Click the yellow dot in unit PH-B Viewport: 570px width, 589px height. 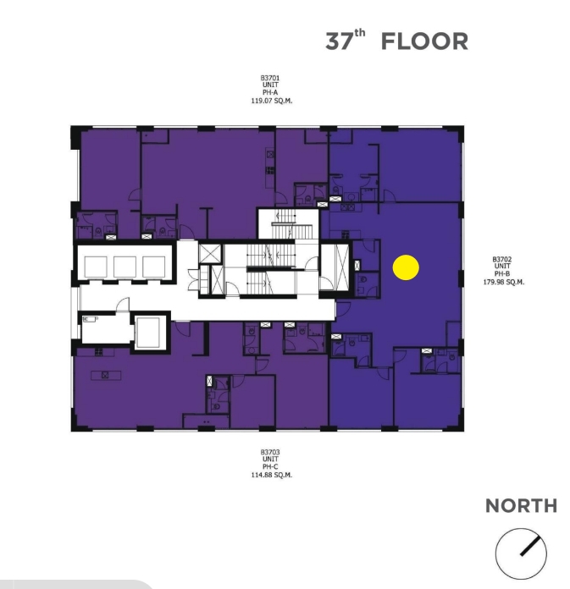(406, 267)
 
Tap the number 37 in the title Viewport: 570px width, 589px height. (339, 41)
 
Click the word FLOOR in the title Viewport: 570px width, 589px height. (424, 41)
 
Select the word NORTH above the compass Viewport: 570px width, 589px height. (521, 505)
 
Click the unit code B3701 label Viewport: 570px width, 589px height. (270, 78)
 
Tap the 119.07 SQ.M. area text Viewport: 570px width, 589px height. (272, 101)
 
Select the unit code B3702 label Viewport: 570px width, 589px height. (502, 259)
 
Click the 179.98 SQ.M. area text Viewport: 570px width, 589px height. (503, 282)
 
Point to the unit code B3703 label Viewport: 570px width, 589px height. (270, 452)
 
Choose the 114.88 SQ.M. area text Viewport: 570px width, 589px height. (272, 475)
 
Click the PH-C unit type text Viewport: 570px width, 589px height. (270, 467)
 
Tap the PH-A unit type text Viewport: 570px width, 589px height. (270, 92)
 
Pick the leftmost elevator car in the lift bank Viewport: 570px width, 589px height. (96, 267)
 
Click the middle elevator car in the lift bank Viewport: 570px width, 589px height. (125, 267)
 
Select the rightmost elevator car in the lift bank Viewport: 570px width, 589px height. (154, 267)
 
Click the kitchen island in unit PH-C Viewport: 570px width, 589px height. (106, 375)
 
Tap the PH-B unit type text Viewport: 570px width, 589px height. (502, 274)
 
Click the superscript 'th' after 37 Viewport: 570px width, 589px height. (359, 33)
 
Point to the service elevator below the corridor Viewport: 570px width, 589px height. (150, 332)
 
